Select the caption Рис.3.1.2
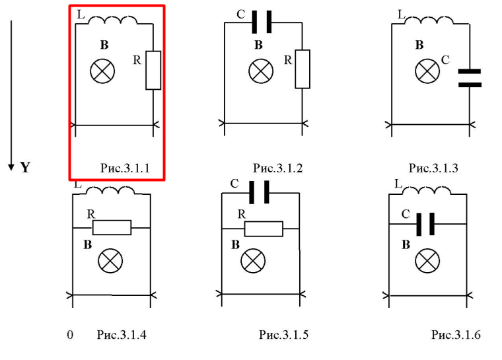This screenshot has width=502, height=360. tap(278, 168)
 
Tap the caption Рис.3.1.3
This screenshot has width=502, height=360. tap(433, 168)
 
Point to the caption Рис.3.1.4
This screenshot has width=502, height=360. tap(122, 335)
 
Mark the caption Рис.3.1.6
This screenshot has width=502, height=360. tap(456, 335)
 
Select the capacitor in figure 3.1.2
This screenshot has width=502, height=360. tap(262, 23)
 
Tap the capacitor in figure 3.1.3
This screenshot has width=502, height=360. tap(470, 77)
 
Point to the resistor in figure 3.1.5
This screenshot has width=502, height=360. tap(264, 228)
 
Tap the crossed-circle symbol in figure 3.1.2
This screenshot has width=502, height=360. tap(260, 71)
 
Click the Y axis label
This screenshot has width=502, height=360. tap(25, 167)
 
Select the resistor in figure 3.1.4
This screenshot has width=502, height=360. tap(112, 228)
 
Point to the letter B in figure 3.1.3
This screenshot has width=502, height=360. tap(419, 46)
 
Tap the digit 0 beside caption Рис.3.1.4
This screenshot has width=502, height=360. tap(70, 335)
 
